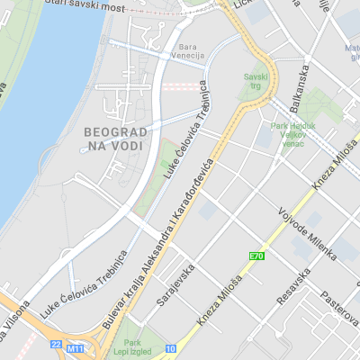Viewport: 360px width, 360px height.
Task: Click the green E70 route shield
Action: pos(257,256)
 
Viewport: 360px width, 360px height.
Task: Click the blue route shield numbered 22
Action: pos(56,345)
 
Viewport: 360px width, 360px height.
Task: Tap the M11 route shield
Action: pos(77,346)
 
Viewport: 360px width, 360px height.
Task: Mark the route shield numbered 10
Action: pos(170,348)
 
